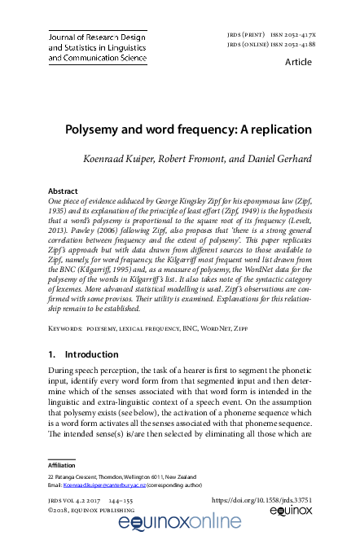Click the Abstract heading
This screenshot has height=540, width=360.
click(x=64, y=191)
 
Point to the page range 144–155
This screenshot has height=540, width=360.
click(x=134, y=498)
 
